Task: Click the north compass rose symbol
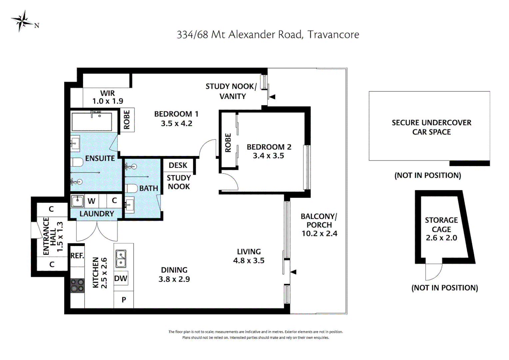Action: (x=22, y=21)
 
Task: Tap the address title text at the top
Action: (x=268, y=35)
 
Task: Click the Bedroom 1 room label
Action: (x=176, y=114)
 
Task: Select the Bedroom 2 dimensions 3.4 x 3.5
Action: (x=268, y=156)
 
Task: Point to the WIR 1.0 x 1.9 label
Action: (x=108, y=97)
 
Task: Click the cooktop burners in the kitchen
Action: (x=77, y=286)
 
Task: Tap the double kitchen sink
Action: (x=121, y=259)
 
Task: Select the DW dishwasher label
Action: (x=121, y=278)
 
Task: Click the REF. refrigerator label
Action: (x=77, y=256)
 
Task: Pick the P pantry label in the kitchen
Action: (x=124, y=300)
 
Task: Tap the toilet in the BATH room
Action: (x=132, y=188)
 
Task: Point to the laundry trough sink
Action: (x=77, y=201)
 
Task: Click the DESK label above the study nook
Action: (x=178, y=165)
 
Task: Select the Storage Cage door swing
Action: (x=433, y=272)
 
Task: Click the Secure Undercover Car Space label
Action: (x=431, y=127)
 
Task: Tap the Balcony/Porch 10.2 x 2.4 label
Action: (x=319, y=225)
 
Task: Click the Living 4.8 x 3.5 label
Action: (x=249, y=256)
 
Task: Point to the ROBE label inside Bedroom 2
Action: (x=228, y=143)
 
